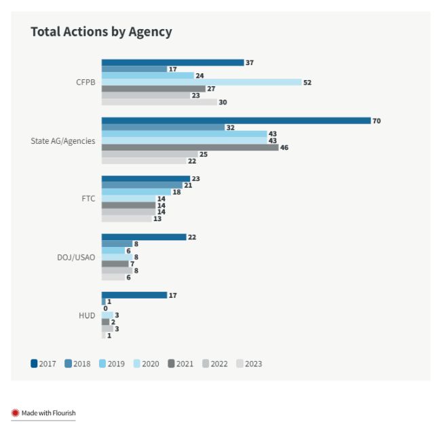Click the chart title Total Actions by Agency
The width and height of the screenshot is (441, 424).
point(101,32)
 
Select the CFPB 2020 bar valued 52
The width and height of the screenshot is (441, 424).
point(202,82)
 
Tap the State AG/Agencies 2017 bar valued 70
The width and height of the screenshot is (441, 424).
point(236,121)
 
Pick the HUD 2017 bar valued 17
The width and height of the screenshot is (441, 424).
point(134,295)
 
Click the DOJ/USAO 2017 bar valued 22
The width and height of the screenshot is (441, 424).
point(144,237)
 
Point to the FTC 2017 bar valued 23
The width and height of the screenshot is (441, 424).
point(146,179)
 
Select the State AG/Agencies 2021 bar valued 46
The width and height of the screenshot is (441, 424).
point(190,147)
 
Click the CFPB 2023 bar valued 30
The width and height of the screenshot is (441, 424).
point(159,102)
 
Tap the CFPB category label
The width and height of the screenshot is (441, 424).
point(85,82)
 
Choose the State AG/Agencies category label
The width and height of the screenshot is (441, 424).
point(63,141)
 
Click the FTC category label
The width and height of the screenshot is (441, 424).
point(88,199)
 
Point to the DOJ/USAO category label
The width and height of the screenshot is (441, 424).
point(77,257)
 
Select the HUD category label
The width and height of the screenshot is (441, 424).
point(87,315)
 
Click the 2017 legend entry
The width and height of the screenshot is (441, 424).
point(43,364)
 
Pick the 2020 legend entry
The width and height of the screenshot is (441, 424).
point(147,364)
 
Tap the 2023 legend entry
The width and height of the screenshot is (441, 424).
point(249,364)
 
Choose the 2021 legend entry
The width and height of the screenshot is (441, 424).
point(180,364)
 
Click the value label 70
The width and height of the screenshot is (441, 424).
point(377,121)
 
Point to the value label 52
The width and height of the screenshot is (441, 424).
point(307,82)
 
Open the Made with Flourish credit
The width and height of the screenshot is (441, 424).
point(43,412)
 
